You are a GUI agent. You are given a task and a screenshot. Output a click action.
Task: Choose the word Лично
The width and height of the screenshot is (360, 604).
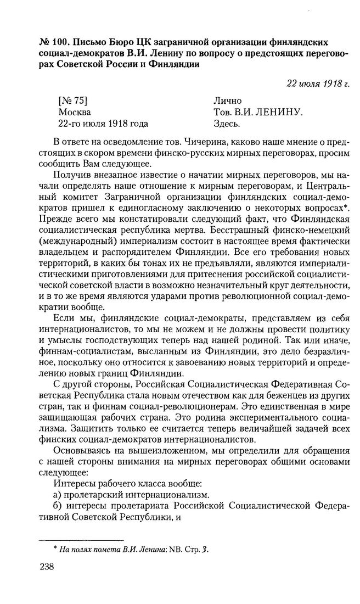pos(227,101)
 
